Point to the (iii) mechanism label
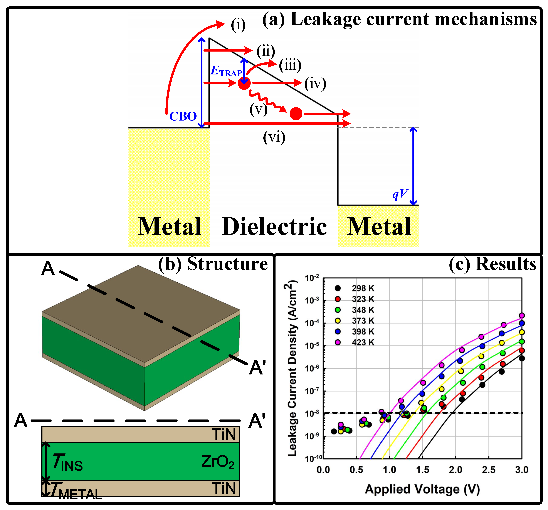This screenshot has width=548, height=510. pyautogui.click(x=290, y=66)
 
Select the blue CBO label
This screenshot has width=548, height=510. pyautogui.click(x=183, y=116)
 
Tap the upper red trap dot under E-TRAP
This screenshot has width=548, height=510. pyautogui.click(x=244, y=83)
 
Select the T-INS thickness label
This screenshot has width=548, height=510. pyautogui.click(x=67, y=462)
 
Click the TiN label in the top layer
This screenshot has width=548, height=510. pyautogui.click(x=224, y=435)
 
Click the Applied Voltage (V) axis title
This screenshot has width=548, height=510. pyautogui.click(x=422, y=489)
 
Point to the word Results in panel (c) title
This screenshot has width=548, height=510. pyautogui.click(x=506, y=264)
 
